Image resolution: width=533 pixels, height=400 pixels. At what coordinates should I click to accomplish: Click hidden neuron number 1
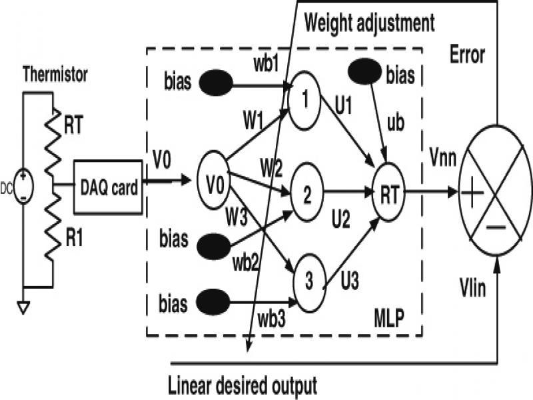(x=305, y=93)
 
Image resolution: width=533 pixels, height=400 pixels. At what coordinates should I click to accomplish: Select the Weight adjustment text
(x=370, y=23)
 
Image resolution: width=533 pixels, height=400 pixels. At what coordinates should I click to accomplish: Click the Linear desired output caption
(x=242, y=385)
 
